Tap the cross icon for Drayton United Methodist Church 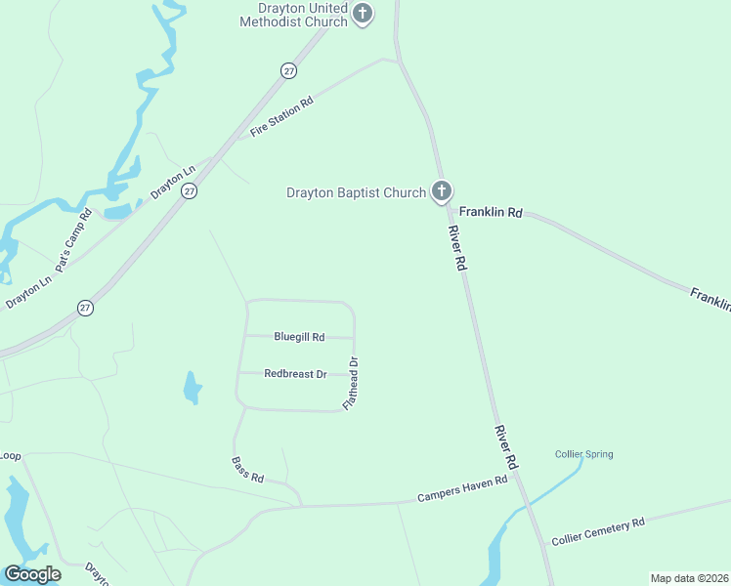point(363,15)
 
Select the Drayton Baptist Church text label point(356,192)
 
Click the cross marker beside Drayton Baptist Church point(442,191)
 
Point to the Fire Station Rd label point(281,116)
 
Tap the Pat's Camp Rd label point(73,239)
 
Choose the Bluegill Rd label point(299,337)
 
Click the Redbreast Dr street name point(295,374)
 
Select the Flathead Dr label point(351,383)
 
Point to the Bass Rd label point(248,471)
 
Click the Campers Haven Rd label point(462,488)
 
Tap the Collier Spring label point(583,454)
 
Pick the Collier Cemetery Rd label point(598,530)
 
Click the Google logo point(32,574)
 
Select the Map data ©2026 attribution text point(689,577)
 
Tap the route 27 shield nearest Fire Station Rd point(287,70)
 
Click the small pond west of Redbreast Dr point(193,388)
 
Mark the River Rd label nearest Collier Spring point(506,447)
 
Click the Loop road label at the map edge point(10,456)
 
